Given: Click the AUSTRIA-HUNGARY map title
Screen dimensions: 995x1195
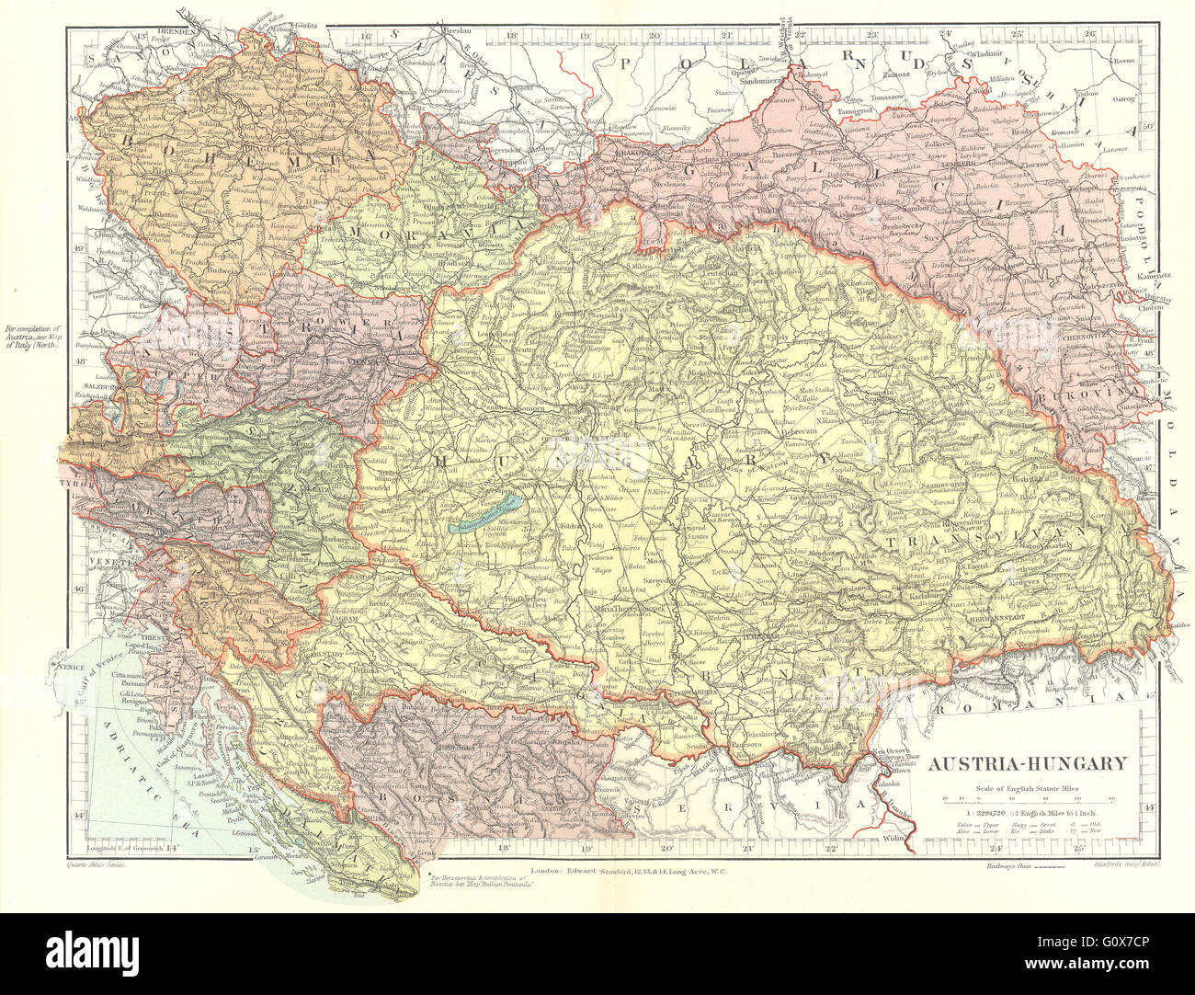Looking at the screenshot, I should [1027, 763].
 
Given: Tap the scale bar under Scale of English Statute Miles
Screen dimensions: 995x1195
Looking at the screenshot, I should [1027, 799].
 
